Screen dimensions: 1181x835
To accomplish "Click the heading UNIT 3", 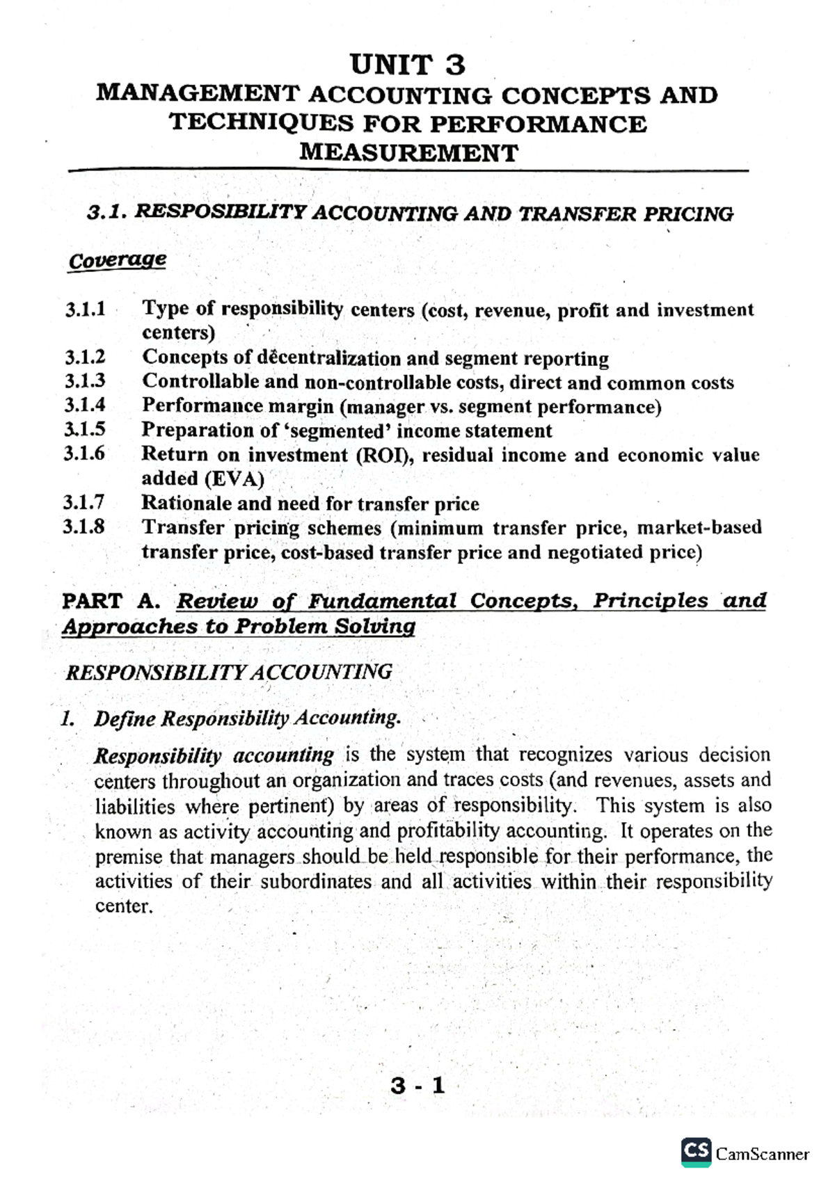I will (x=408, y=65).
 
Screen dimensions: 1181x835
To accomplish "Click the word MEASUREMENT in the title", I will (x=408, y=152).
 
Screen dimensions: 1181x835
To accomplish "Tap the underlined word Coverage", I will (x=117, y=260).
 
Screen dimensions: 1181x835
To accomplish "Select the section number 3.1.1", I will (x=85, y=309).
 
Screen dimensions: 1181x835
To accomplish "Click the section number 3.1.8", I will (x=83, y=527).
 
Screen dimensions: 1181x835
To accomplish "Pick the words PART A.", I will (x=111, y=601).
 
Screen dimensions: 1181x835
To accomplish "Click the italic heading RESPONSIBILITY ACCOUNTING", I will (x=228, y=672).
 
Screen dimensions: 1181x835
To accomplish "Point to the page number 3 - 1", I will (x=417, y=1086).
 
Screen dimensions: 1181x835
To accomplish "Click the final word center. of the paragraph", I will (x=123, y=907).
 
